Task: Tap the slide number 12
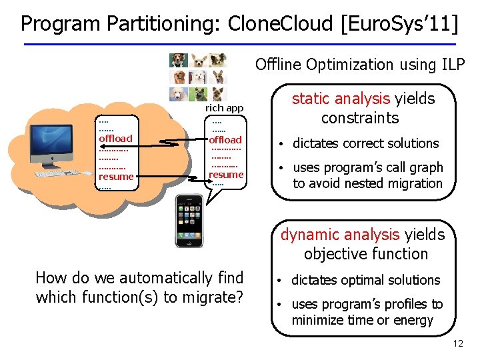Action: point(457,344)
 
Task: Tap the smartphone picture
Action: point(189,221)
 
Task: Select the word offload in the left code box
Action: point(115,139)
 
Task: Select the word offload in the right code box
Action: point(225,139)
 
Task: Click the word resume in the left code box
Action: point(115,177)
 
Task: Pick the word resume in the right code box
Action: point(226,174)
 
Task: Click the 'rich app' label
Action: point(224,107)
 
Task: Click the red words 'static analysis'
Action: point(340,99)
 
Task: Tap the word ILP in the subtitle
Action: point(453,64)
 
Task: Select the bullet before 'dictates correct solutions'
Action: point(283,143)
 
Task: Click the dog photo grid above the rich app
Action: point(197,76)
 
